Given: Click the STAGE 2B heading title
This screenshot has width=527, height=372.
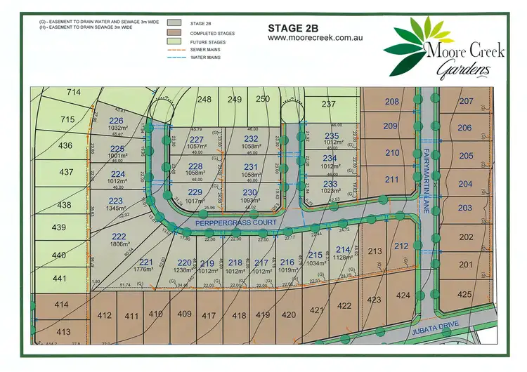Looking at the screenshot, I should pos(294,29).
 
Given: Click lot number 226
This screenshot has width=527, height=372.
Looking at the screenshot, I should pos(116,121).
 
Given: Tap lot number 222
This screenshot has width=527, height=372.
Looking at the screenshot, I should pos(119,237).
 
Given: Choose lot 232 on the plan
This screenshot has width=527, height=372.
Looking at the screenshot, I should pos(251,139).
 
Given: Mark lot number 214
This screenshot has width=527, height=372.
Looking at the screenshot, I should pos(344,250).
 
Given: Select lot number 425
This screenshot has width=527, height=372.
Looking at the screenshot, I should pos(484,294).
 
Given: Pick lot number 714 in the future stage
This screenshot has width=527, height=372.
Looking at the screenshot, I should pos(74,92).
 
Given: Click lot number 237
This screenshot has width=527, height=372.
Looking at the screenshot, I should pos(329,104).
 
